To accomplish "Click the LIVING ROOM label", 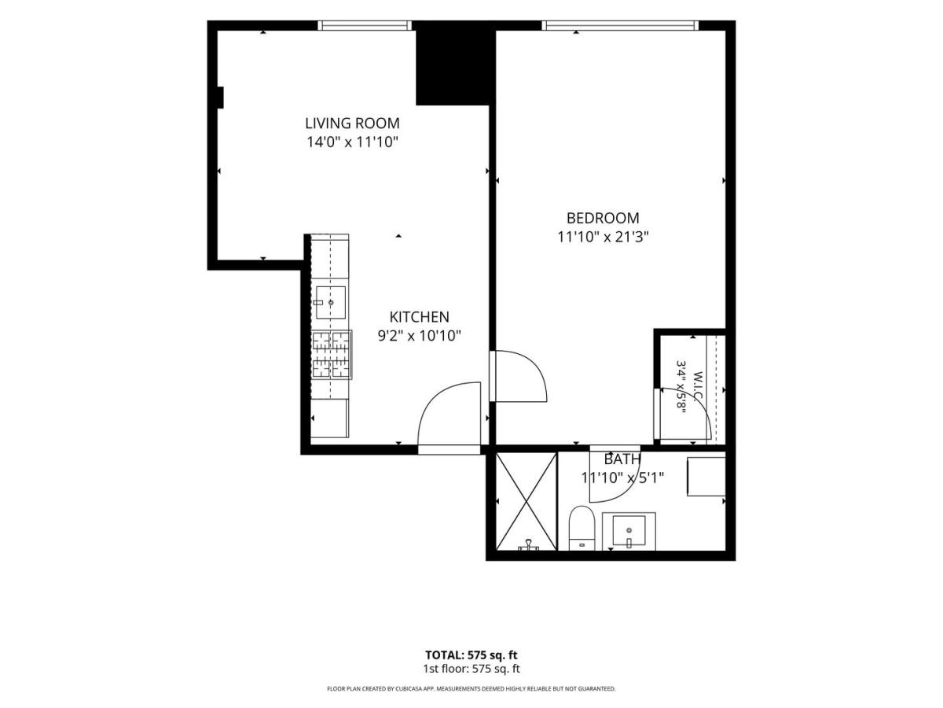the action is click(352, 124).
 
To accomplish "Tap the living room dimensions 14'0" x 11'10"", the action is click(352, 142).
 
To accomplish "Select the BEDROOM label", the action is click(603, 219).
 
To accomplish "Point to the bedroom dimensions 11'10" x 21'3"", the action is click(603, 237).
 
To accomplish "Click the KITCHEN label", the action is click(419, 317).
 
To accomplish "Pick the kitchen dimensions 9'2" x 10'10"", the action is click(419, 336).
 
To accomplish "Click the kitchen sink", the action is click(330, 303).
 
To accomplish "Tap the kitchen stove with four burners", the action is click(332, 355).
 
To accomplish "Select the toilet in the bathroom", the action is click(582, 529).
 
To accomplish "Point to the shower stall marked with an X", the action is click(527, 501).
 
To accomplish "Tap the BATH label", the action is click(622, 459).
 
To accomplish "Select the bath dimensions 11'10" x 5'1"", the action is click(623, 478).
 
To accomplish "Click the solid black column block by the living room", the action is click(453, 63).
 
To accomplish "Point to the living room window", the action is click(365, 25).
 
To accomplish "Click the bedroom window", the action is click(620, 25).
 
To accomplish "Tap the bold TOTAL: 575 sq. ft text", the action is click(472, 655).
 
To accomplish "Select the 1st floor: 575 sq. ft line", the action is click(472, 669).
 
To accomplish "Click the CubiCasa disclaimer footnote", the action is click(472, 688).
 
